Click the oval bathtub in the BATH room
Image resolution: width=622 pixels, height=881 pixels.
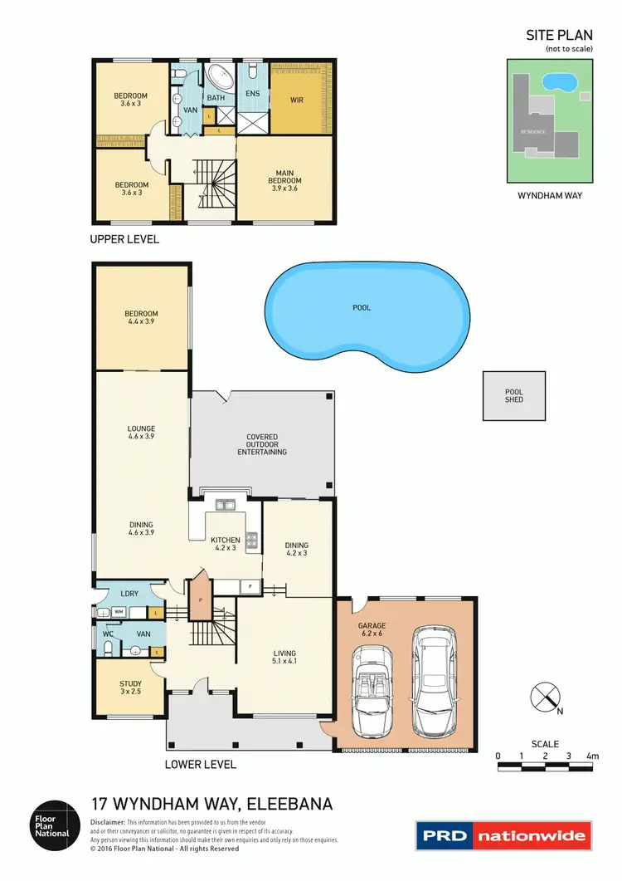[x=221, y=79]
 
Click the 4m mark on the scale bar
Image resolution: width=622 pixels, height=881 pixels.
[x=592, y=756]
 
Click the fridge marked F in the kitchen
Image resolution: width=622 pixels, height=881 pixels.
[x=250, y=587]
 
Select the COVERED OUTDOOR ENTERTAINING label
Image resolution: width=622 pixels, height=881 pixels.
[x=262, y=444]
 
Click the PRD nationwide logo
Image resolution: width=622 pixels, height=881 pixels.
[x=504, y=835]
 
